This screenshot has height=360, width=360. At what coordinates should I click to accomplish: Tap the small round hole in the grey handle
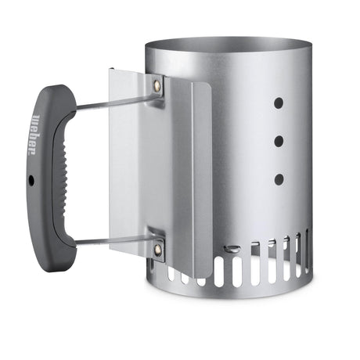point(31,179)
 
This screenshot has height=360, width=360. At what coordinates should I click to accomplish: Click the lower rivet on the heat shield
point(157,249)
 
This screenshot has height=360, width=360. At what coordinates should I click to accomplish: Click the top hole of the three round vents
point(279,103)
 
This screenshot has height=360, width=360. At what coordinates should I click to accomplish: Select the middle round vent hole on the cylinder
point(279,141)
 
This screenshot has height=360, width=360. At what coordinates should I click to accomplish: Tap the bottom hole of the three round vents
point(279,179)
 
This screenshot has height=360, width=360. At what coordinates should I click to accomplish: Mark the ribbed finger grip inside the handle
point(55,180)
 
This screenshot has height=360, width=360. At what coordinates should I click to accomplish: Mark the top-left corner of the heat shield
point(112,70)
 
